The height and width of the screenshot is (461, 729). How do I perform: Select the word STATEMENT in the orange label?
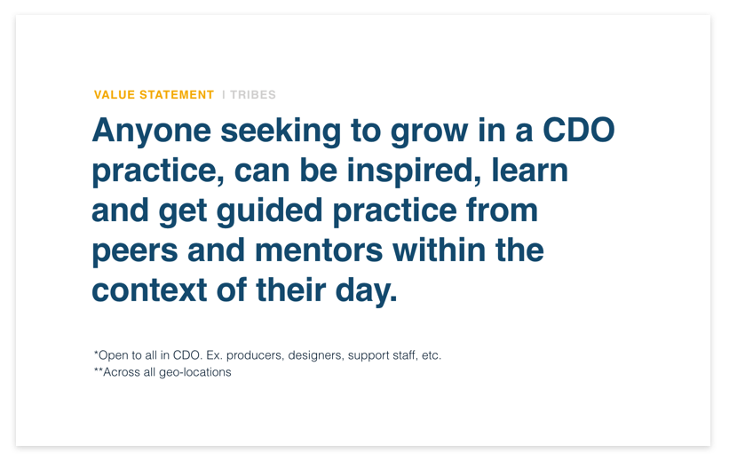pyautogui.click(x=177, y=95)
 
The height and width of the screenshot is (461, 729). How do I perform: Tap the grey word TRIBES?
pyautogui.click(x=253, y=95)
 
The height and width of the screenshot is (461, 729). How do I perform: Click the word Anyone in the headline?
pyautogui.click(x=152, y=131)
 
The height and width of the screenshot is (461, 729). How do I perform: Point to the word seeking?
pyautogui.click(x=281, y=131)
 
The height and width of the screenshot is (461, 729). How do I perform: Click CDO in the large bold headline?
pyautogui.click(x=579, y=130)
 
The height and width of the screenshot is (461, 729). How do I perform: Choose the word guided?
pyautogui.click(x=269, y=211)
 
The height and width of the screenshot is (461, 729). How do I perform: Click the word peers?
pyautogui.click(x=135, y=252)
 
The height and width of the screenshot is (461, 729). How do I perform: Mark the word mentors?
pyautogui.click(x=319, y=250)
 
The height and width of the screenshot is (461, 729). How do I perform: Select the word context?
pyautogui.click(x=149, y=290)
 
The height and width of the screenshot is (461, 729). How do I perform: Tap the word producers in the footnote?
pyautogui.click(x=254, y=356)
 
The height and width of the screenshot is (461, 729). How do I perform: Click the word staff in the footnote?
pyautogui.click(x=405, y=355)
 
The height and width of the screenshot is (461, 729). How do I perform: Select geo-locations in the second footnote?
pyautogui.click(x=195, y=372)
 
